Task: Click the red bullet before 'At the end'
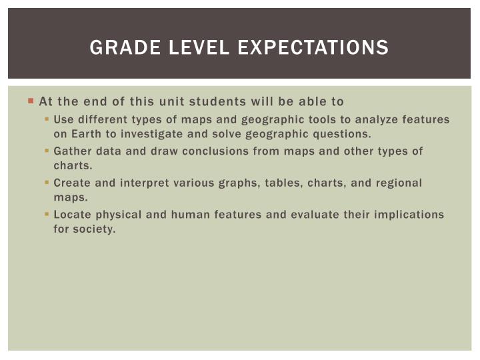coord(31,101)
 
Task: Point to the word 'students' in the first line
coord(237,102)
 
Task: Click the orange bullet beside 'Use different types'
coord(47,119)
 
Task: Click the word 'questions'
coord(341,133)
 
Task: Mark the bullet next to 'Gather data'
coord(47,151)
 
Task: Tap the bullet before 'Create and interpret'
coord(47,182)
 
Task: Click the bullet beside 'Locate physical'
coord(47,214)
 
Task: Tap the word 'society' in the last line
coord(93,229)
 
